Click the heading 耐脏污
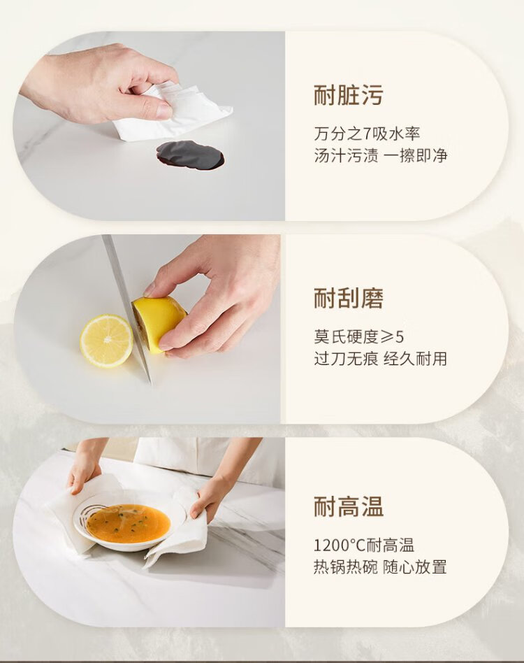point(348,94)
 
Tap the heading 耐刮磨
point(348,298)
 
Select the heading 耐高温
point(348,506)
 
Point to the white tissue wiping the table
point(173,110)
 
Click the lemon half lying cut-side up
point(106,341)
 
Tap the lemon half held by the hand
point(159,324)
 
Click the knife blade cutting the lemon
point(126,308)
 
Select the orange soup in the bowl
point(129,523)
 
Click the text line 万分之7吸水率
point(367,134)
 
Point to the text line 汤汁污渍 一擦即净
point(380,155)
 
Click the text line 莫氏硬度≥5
point(359,337)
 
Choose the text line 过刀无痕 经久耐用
point(380,359)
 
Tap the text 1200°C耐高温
point(363,545)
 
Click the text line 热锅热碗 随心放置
point(380,566)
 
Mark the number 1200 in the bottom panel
point(332,545)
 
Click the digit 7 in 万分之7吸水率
point(367,134)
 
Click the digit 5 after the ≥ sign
point(400,337)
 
